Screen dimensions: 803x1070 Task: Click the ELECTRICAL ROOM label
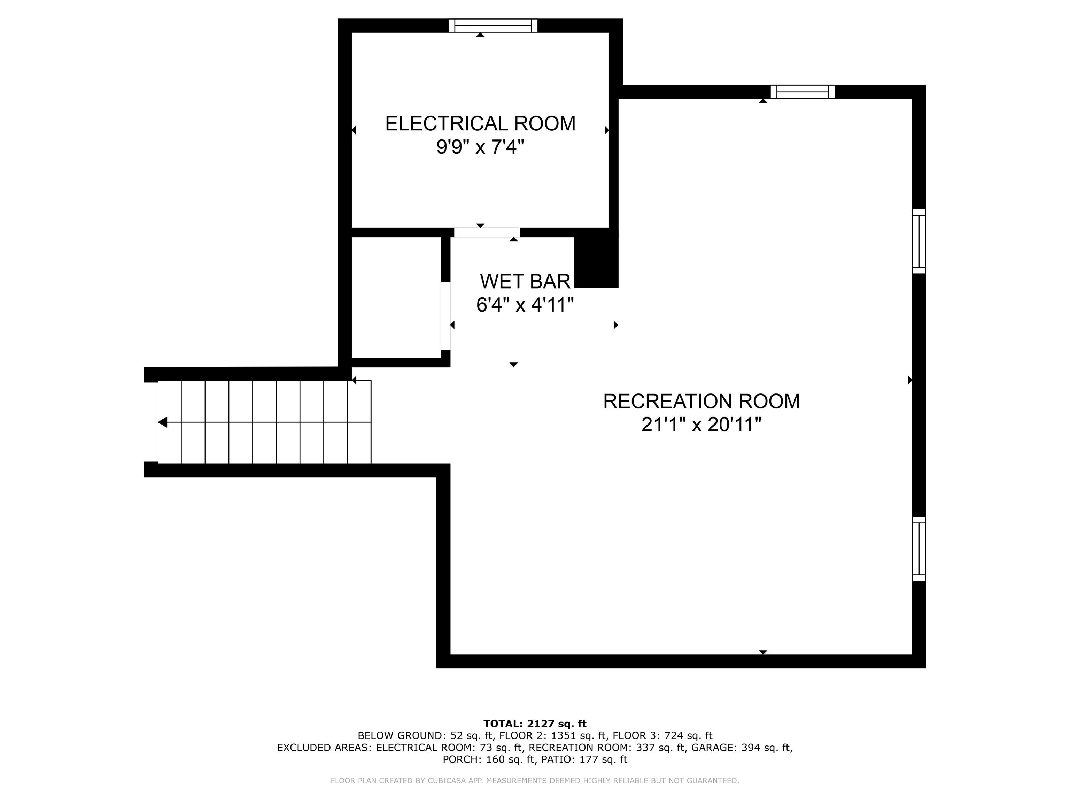480,123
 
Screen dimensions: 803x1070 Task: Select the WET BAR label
525,281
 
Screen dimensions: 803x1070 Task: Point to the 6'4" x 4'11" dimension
525,305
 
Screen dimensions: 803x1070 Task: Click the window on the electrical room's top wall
493,26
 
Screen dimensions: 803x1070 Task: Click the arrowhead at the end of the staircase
163,422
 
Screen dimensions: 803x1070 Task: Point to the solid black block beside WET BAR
596,262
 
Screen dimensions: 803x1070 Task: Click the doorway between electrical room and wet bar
486,232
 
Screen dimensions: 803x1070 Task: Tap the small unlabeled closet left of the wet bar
396,297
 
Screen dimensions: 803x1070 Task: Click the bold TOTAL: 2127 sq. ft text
535,724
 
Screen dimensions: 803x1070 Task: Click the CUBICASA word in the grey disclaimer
445,780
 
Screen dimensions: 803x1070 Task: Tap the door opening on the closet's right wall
445,315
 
